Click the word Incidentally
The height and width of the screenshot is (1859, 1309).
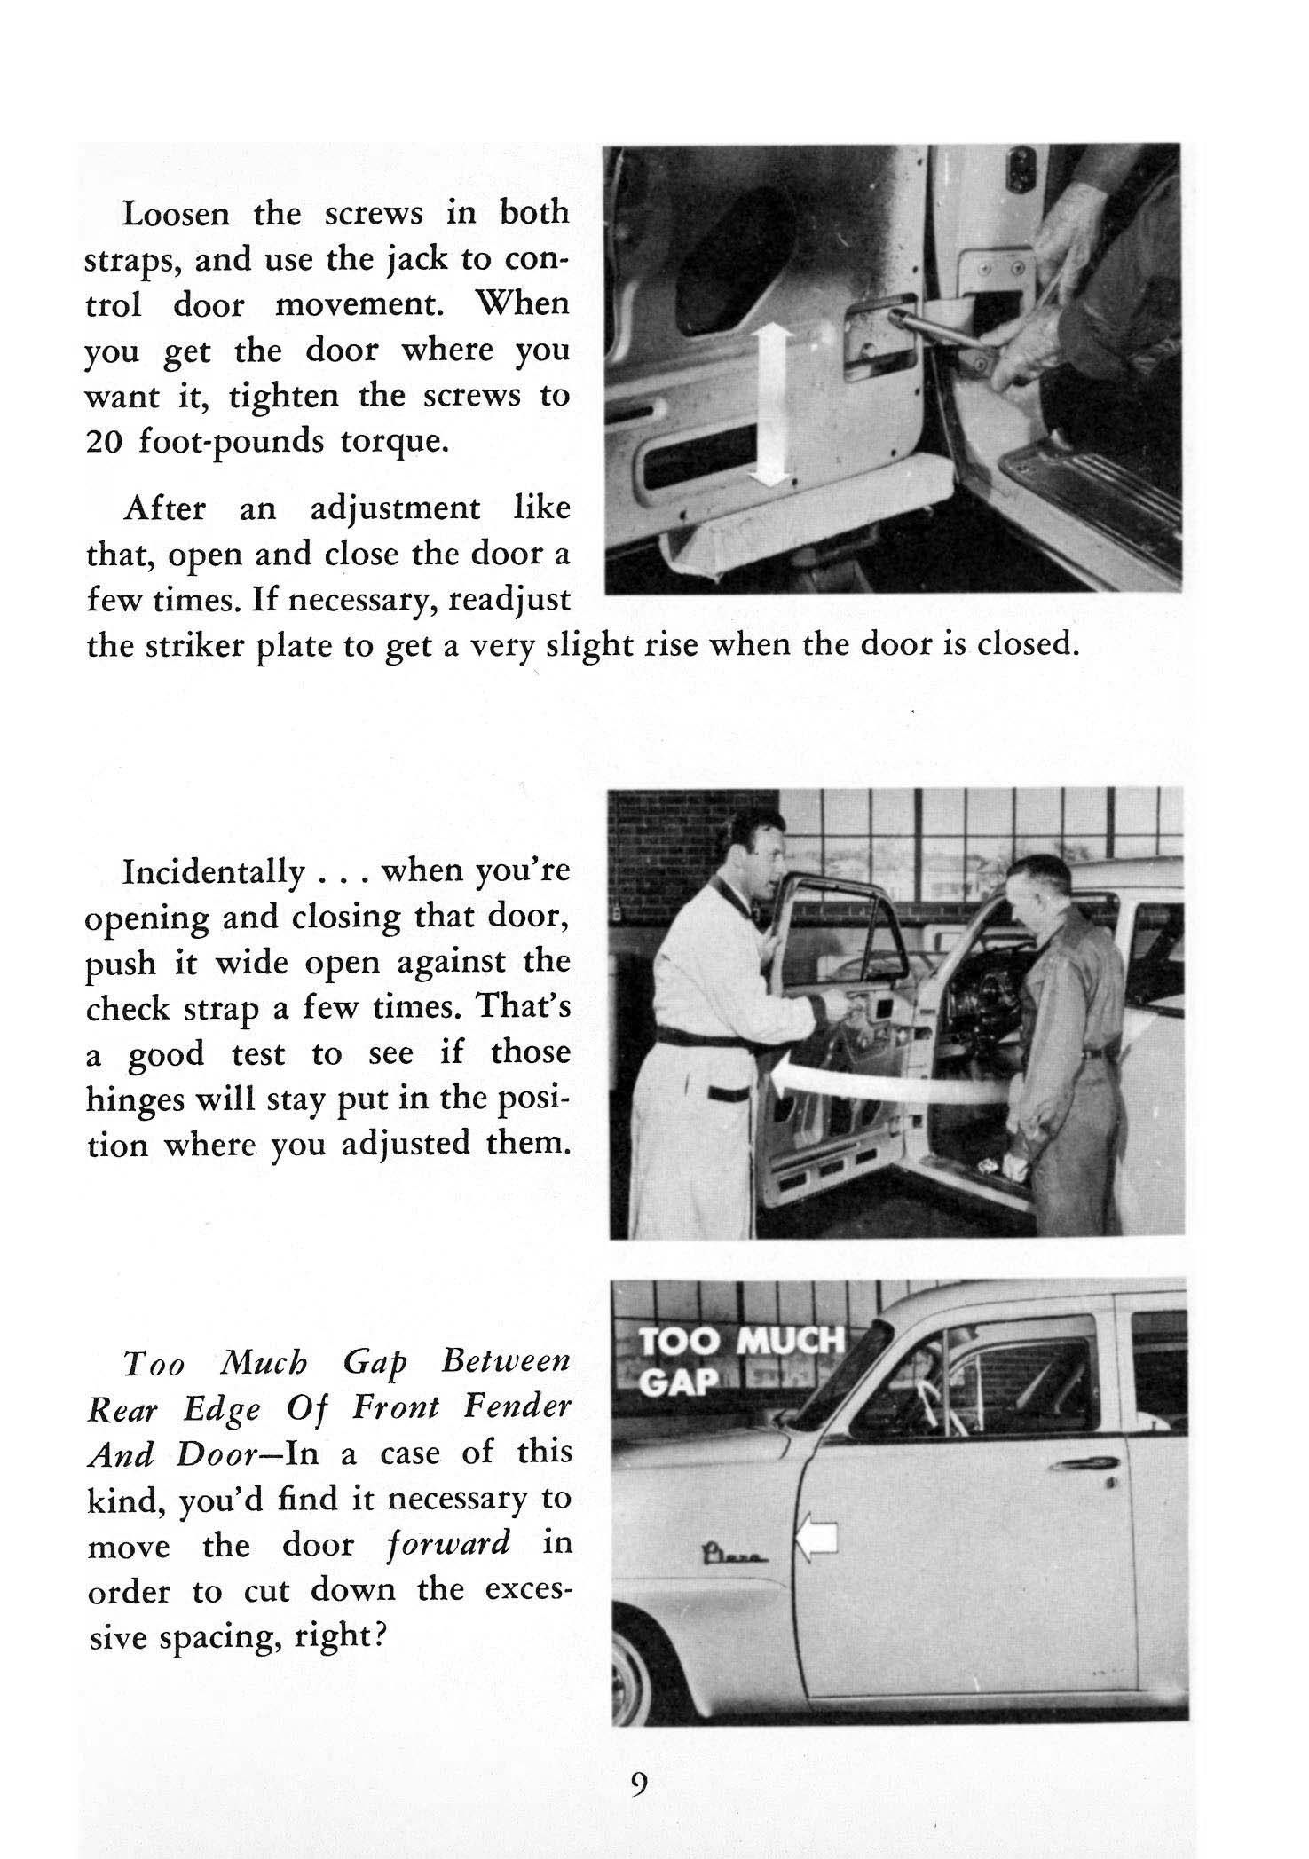click(x=212, y=872)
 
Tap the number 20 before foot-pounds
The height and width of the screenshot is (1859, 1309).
click(x=104, y=442)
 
